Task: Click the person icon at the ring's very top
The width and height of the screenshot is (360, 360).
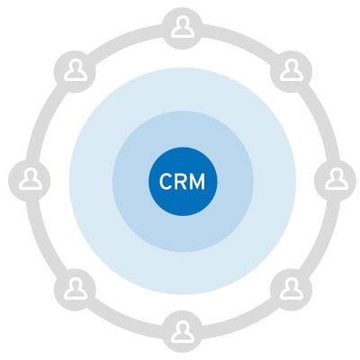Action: [183, 28]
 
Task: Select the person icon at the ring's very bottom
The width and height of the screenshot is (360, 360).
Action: [183, 332]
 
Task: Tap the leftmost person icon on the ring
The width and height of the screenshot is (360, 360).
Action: [31, 179]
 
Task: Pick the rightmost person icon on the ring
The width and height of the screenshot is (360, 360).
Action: [337, 179]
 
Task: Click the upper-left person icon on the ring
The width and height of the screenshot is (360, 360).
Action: [76, 71]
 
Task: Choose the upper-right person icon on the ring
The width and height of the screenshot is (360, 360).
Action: [291, 71]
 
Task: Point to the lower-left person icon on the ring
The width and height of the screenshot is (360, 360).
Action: [76, 289]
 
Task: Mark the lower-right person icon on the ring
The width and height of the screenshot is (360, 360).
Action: [291, 289]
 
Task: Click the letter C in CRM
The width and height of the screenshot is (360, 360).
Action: [166, 181]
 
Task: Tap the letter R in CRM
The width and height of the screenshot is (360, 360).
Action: [181, 181]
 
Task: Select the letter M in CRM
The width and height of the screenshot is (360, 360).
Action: [198, 181]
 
